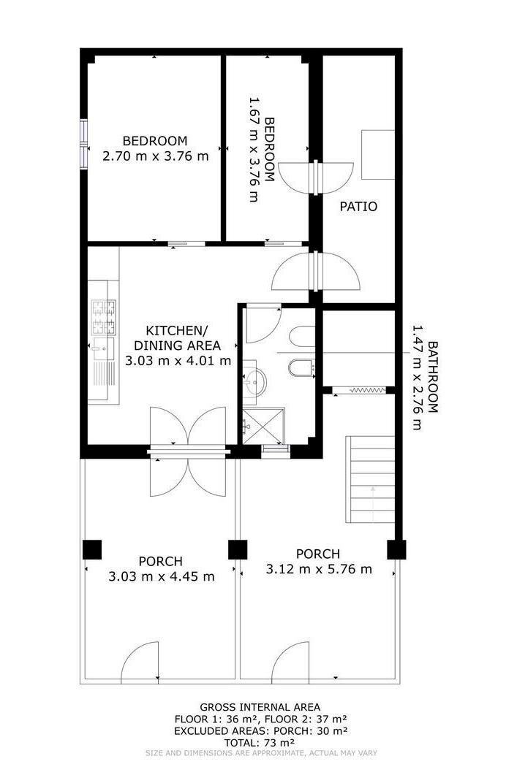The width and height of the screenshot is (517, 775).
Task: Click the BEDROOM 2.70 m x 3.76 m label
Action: point(154,148)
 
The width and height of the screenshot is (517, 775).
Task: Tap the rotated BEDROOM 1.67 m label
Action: point(262,150)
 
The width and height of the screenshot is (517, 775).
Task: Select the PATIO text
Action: point(358,207)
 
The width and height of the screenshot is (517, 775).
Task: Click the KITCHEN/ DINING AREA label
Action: point(178,345)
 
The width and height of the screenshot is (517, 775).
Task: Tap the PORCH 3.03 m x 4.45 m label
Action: point(161,569)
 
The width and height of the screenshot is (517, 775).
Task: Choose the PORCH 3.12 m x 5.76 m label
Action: point(318,562)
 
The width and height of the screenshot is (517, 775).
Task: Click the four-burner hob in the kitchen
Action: point(103,317)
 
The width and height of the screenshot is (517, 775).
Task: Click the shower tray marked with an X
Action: point(261,425)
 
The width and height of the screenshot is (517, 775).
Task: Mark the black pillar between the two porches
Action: point(238,549)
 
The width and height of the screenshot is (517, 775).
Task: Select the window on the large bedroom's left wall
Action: point(83,143)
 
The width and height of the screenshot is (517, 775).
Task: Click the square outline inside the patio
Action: point(378,154)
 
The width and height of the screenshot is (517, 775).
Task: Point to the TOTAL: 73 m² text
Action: point(259,741)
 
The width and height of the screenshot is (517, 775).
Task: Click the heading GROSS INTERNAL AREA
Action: point(260,707)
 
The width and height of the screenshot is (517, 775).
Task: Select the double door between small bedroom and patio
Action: point(314,175)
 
